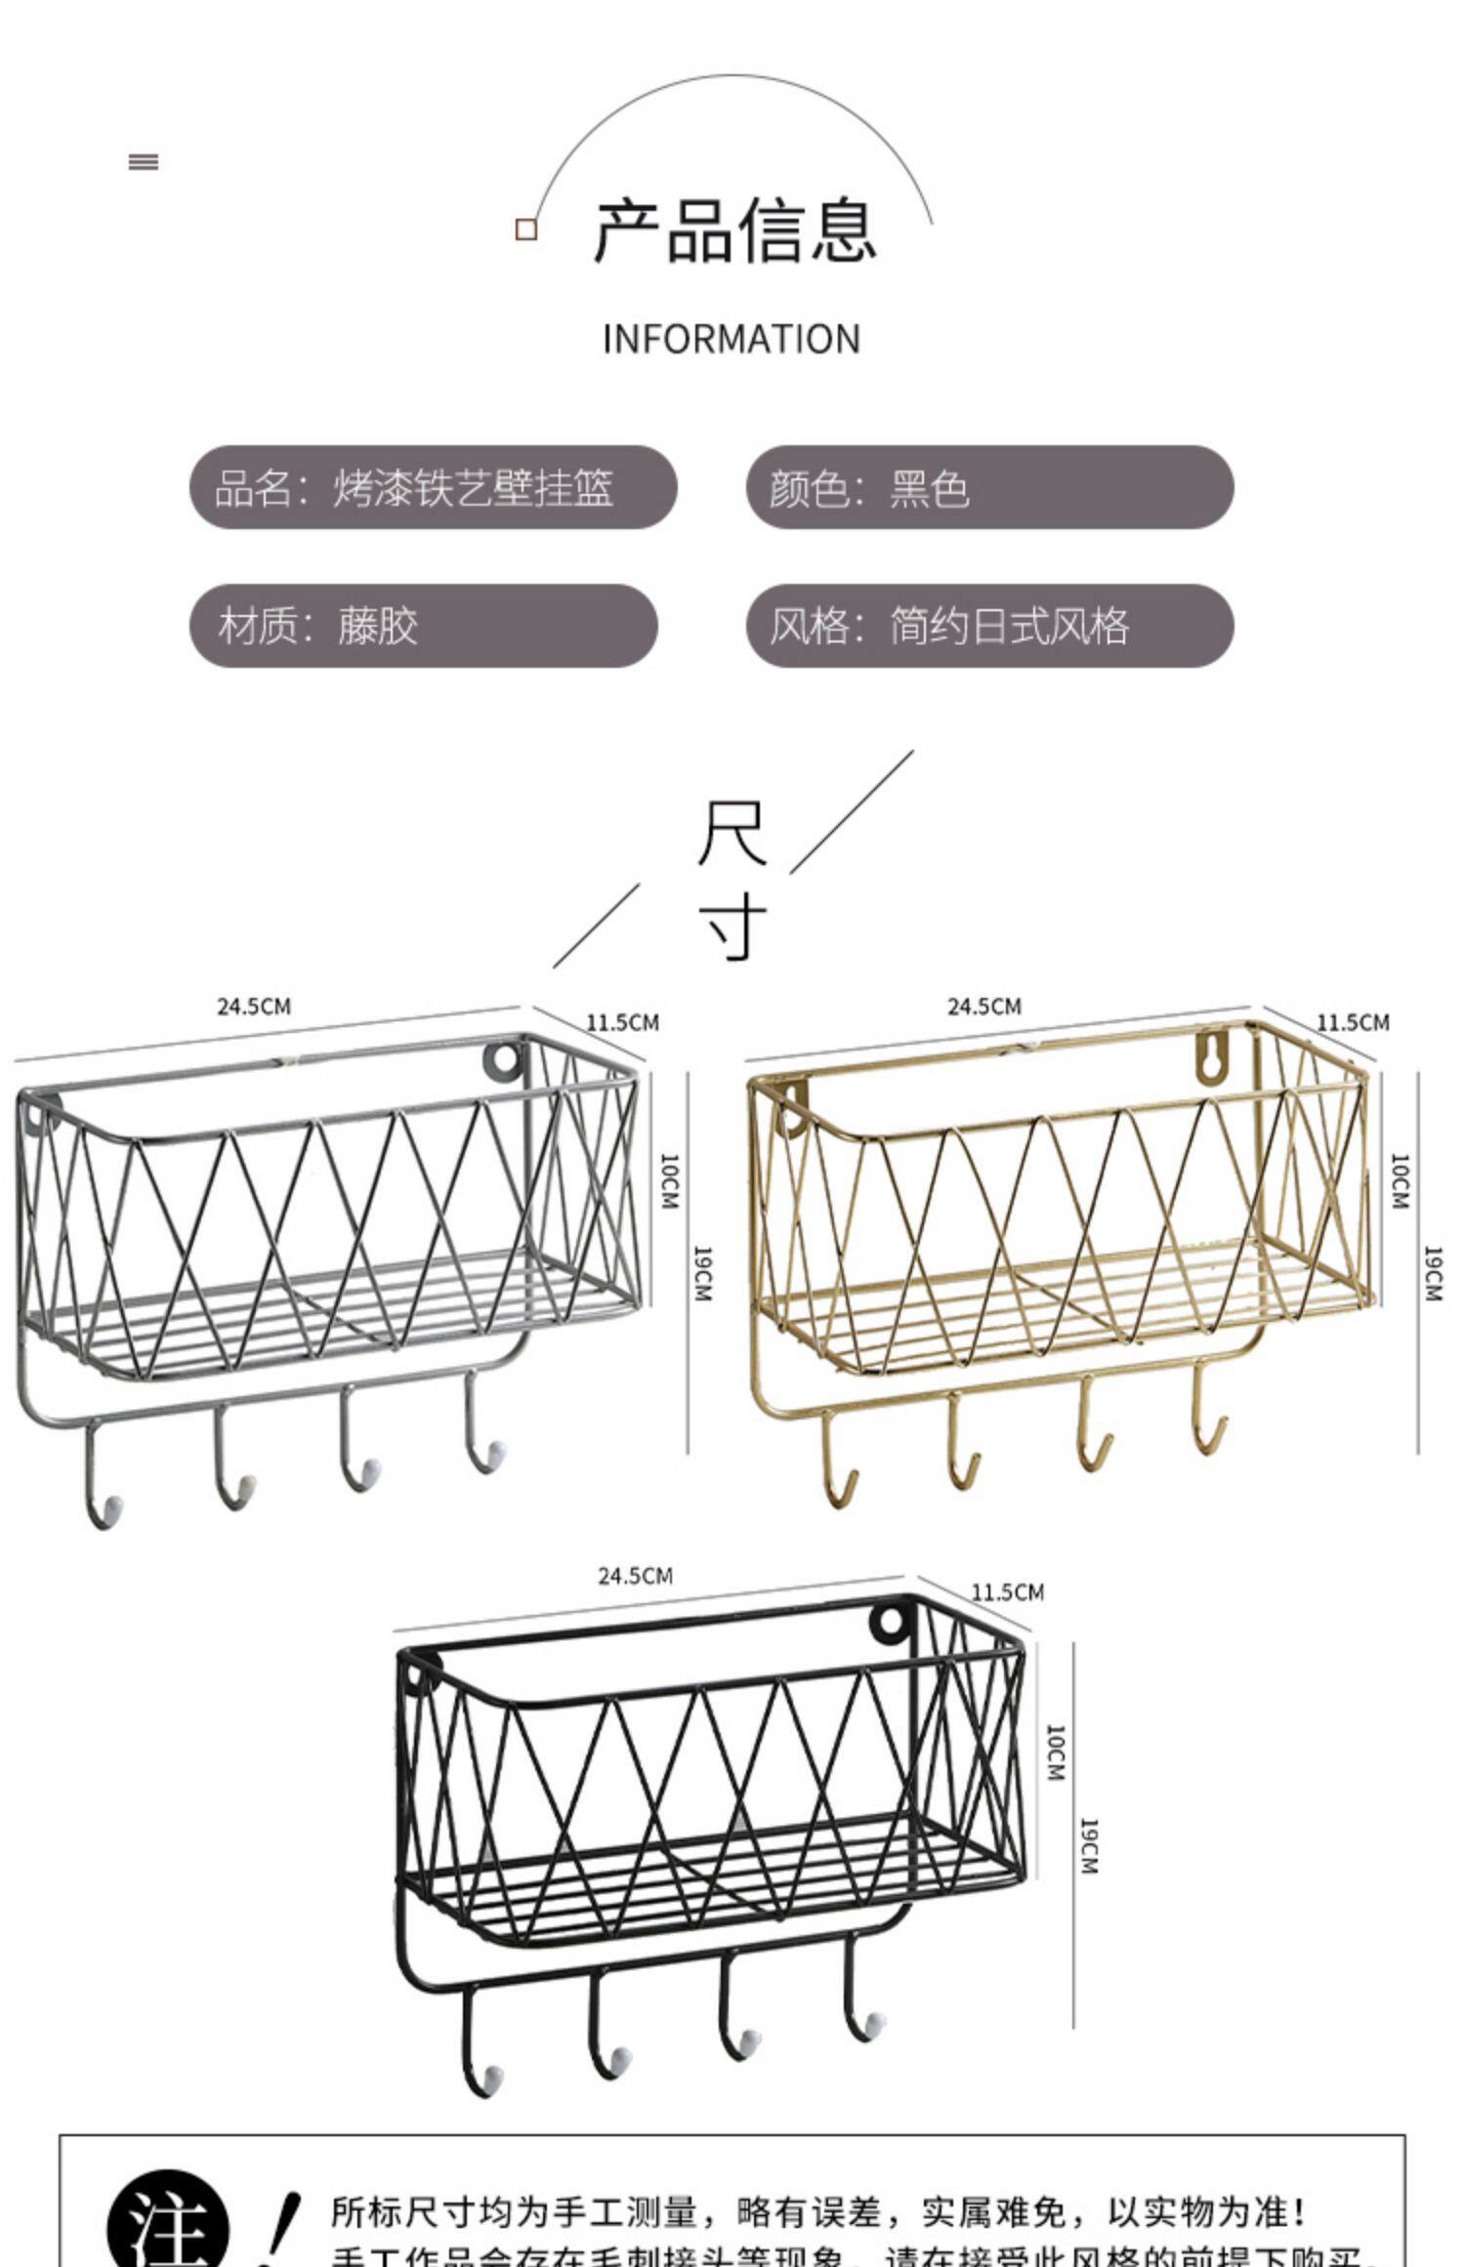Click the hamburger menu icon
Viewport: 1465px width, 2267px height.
pyautogui.click(x=144, y=162)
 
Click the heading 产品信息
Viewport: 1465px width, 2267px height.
pyautogui.click(x=734, y=230)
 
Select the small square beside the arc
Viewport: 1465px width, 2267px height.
pyautogui.click(x=526, y=229)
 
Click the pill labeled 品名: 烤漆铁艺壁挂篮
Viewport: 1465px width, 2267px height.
pyautogui.click(x=433, y=487)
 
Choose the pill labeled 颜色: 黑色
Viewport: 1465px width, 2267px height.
pyautogui.click(x=989, y=487)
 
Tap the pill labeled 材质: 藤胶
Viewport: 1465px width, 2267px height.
pyautogui.click(x=423, y=626)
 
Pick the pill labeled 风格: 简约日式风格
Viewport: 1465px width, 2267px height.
pyautogui.click(x=989, y=626)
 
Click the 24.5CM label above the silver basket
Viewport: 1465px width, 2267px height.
pyautogui.click(x=254, y=1007)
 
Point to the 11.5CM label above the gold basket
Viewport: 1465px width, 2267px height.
pyautogui.click(x=1353, y=1022)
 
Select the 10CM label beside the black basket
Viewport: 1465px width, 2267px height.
pyautogui.click(x=1056, y=1752)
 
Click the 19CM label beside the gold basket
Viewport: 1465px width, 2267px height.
pyautogui.click(x=1433, y=1273)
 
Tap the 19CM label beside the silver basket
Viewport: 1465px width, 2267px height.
pyautogui.click(x=702, y=1273)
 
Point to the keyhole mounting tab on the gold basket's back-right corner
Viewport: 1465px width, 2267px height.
pyautogui.click(x=1211, y=1056)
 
